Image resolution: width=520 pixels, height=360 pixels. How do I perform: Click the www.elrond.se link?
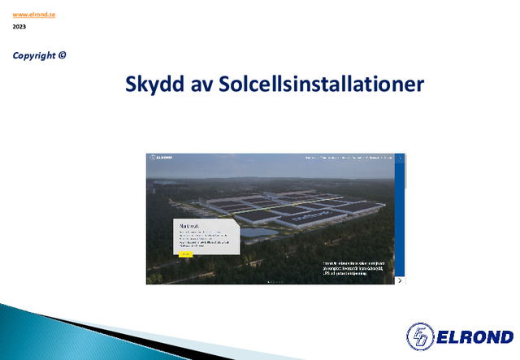coord(33,15)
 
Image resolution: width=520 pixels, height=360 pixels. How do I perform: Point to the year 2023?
coord(19,27)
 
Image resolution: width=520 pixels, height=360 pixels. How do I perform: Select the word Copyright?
coord(35,55)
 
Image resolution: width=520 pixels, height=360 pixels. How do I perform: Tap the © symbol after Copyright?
coord(63,55)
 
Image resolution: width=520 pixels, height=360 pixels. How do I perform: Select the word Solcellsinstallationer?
coord(321,85)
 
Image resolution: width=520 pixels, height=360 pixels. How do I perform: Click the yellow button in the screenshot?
coord(184,254)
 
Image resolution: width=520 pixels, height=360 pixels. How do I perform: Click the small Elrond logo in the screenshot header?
coord(160,157)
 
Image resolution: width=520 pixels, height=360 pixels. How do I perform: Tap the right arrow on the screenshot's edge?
coord(400,280)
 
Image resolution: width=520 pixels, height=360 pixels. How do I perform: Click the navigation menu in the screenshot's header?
coord(349,157)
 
